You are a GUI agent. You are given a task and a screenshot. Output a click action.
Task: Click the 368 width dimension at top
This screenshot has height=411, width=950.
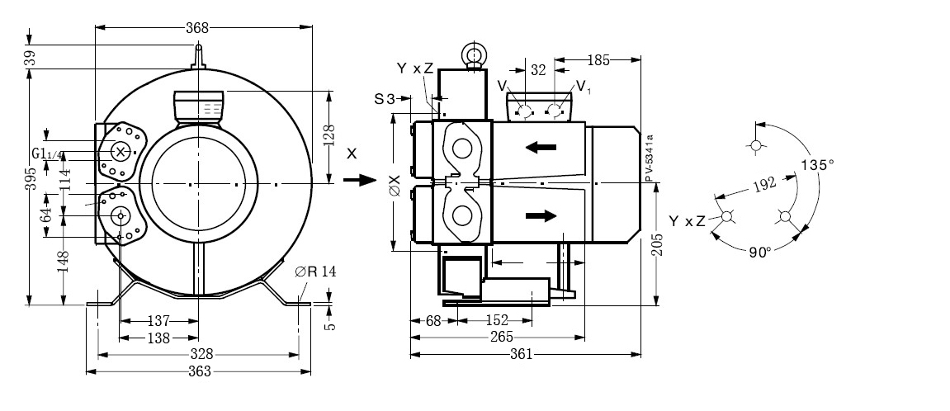click(198, 27)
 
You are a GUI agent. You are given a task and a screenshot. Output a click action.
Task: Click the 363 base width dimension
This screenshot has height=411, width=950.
click(199, 371)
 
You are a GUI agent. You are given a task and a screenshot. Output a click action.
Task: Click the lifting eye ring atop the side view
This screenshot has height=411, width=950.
click(474, 55)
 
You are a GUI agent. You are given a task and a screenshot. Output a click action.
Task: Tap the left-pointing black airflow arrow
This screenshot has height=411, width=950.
click(541, 148)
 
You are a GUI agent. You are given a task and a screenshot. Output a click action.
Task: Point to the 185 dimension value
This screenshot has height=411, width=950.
click(600, 59)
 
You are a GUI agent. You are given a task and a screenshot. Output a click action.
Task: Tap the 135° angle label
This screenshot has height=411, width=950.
click(817, 165)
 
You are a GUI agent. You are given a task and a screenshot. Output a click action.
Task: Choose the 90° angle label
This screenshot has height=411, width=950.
click(760, 252)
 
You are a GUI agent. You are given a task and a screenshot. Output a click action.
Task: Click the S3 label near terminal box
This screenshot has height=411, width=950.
click(385, 98)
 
